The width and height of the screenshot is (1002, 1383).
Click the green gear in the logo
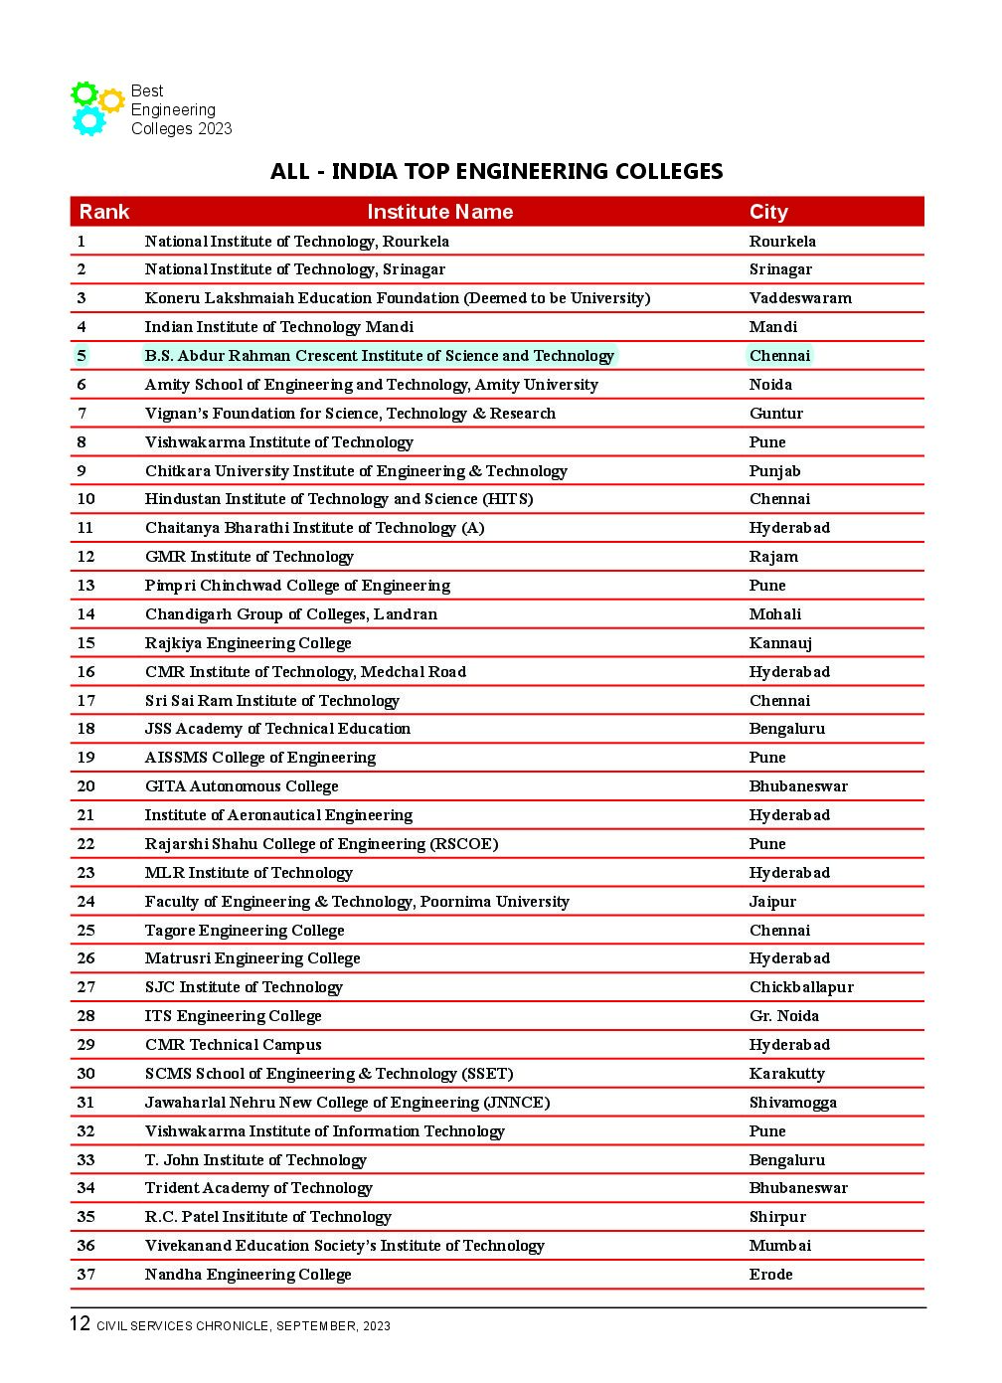point(83,94)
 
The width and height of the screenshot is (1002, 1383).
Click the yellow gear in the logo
point(111,100)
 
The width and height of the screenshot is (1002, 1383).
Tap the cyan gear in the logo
point(88,120)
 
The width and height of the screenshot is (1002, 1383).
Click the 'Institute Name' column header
point(439,212)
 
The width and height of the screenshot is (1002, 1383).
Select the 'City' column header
point(768,212)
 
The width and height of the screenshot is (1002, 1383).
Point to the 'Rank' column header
point(104,212)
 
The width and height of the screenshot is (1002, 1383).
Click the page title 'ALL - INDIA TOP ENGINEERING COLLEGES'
point(496,171)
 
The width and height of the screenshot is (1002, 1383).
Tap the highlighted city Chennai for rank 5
point(779,356)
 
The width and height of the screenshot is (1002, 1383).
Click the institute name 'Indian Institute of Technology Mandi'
point(278,327)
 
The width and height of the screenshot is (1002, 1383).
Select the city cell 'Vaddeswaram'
point(800,298)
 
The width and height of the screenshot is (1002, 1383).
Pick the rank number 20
point(86,786)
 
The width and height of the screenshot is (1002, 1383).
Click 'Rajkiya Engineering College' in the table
point(248,643)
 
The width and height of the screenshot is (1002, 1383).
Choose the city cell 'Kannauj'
point(780,643)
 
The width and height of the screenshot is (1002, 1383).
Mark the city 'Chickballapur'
point(801,987)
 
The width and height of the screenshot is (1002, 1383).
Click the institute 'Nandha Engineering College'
point(248,1275)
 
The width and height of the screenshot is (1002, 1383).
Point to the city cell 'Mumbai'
point(779,1246)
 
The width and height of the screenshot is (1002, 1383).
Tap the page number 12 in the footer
point(80,1323)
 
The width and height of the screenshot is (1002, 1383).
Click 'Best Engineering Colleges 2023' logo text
point(181,109)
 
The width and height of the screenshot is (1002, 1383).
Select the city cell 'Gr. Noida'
point(784,1016)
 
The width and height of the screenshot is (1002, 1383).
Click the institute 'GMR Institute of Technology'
point(249,557)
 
